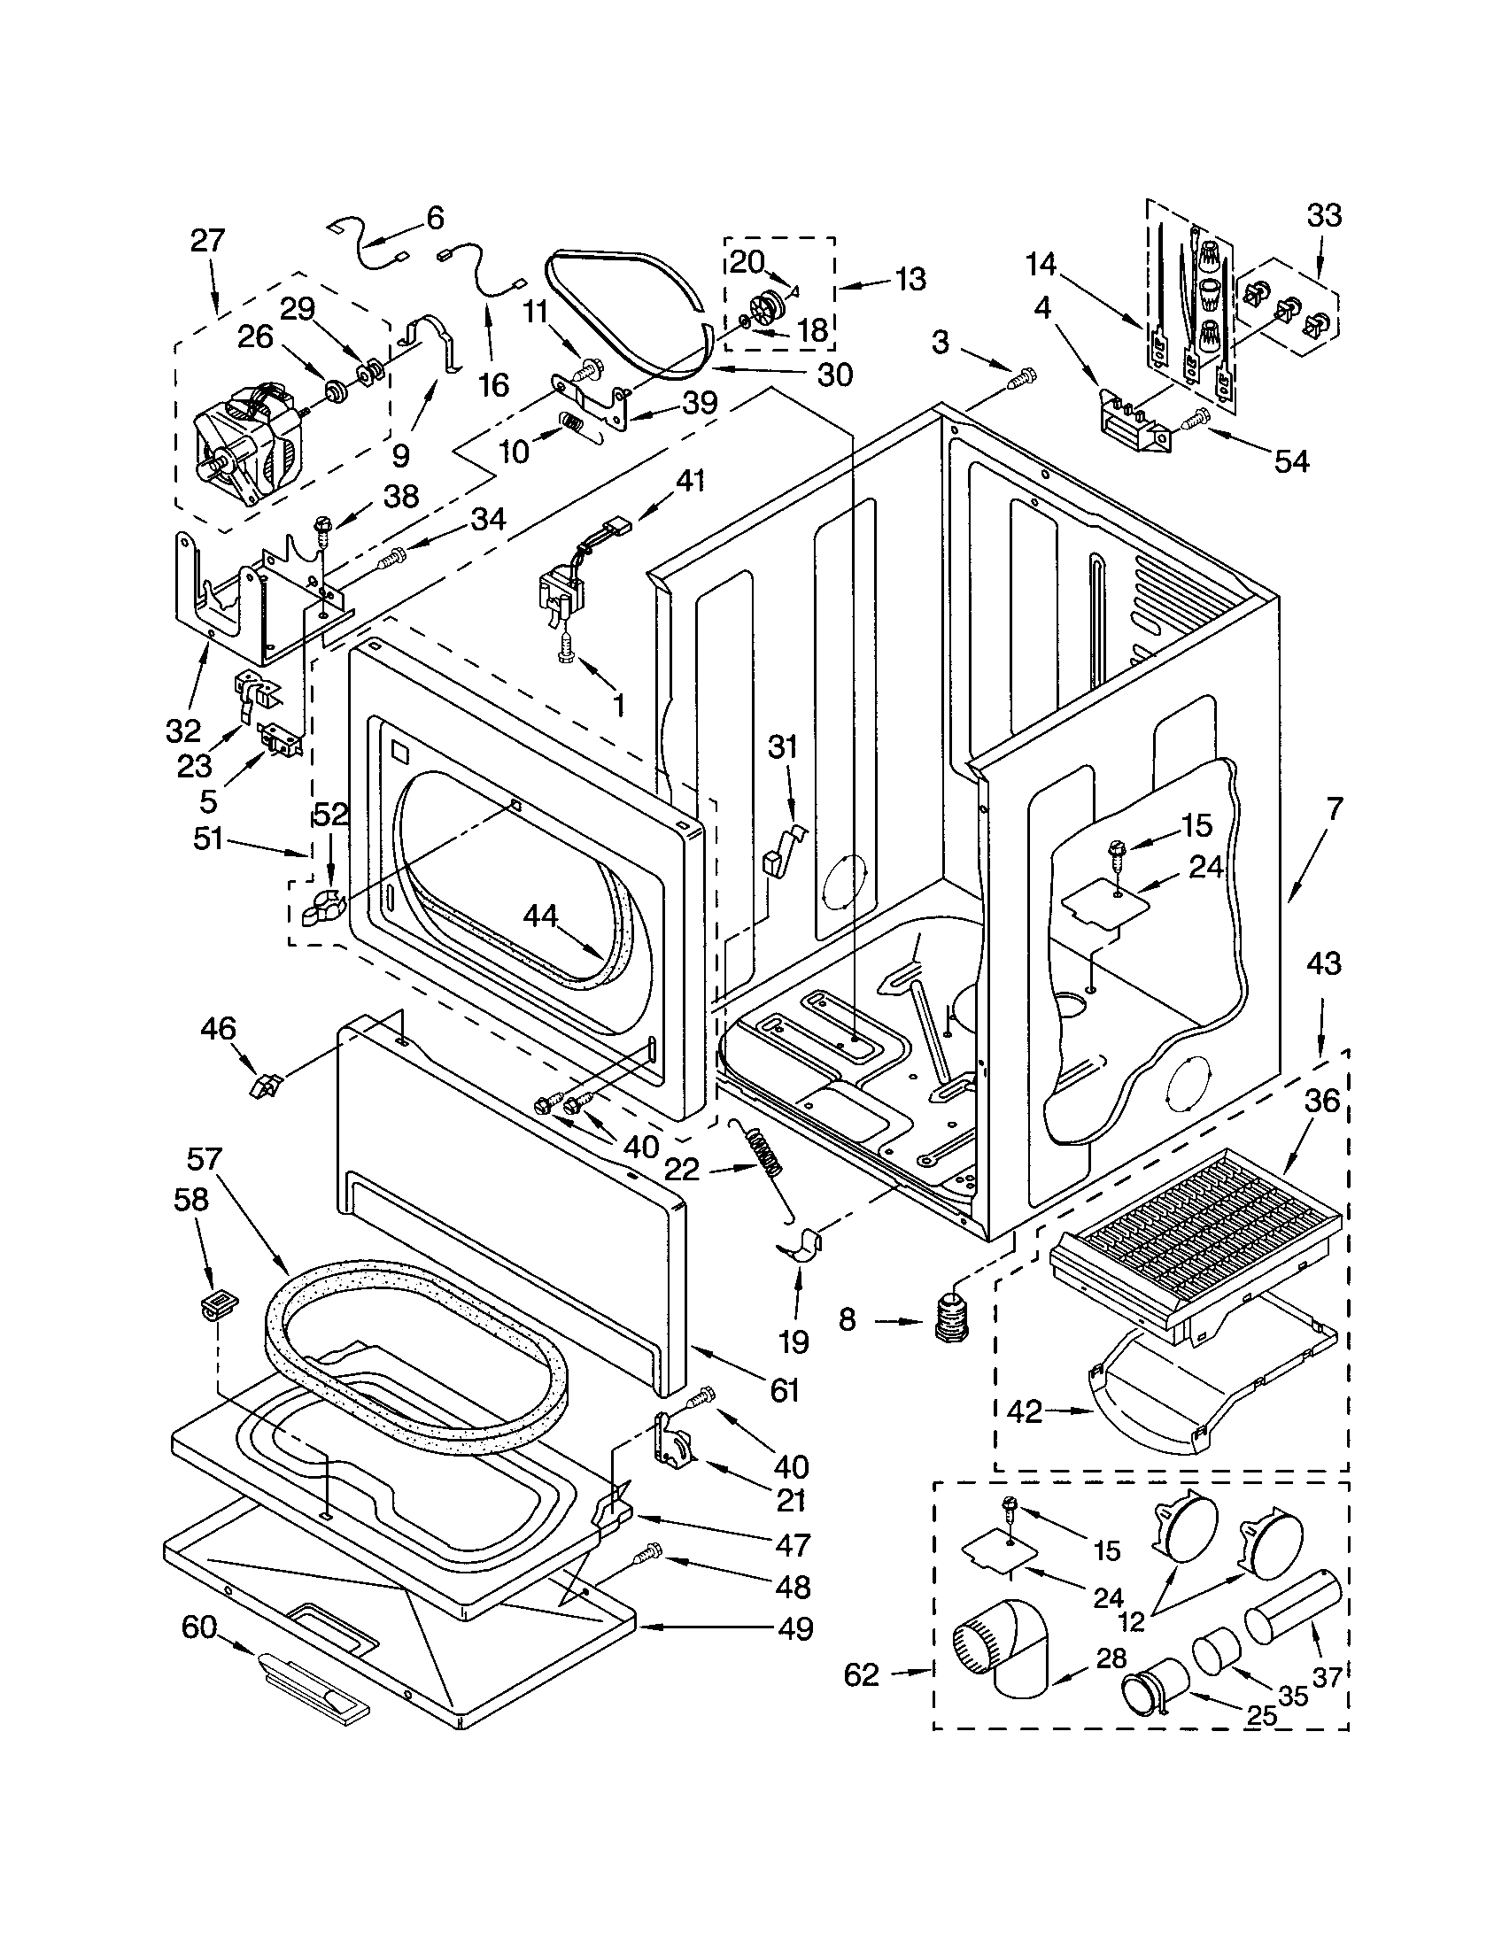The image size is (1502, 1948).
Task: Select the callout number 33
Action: tap(1324, 216)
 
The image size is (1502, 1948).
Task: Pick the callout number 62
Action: tap(862, 1675)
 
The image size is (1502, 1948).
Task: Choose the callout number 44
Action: tap(541, 915)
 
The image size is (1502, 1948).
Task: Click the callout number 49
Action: tap(794, 1628)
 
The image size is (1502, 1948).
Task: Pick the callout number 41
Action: tap(691, 481)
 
